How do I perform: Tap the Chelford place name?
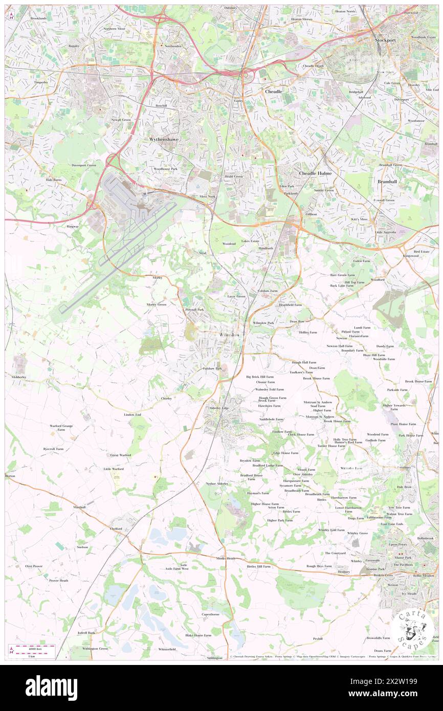click(116, 529)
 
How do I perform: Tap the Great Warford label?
click(121, 455)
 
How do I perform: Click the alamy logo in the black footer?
click(51, 688)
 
